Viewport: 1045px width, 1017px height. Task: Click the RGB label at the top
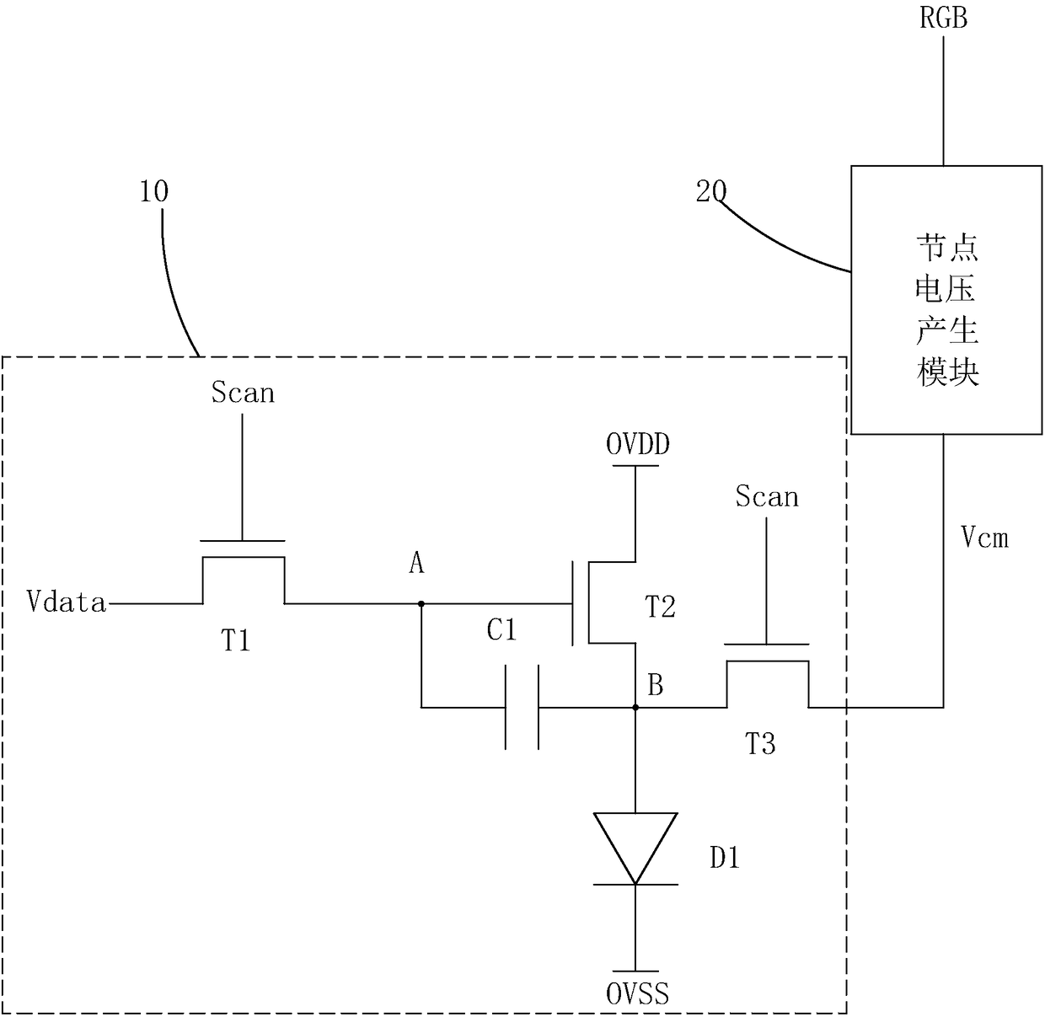943,18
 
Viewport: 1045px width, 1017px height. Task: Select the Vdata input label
66,602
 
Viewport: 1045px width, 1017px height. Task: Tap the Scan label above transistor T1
243,393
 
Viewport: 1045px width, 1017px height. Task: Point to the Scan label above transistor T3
767,496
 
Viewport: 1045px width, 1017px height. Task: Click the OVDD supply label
638,444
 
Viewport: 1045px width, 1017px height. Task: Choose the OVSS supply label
638,994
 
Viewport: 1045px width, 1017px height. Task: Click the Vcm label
985,537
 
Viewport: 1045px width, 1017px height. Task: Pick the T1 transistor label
236,640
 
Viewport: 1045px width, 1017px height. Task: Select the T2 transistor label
659,608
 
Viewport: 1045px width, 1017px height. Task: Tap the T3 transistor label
760,745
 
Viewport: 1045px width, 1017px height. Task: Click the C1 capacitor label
501,629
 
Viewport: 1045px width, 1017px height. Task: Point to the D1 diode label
725,858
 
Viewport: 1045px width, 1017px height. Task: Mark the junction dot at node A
421,603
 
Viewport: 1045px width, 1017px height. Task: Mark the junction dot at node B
635,707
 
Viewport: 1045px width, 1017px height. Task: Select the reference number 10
154,191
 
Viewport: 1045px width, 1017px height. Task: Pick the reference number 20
711,191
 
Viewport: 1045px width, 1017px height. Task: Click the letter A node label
416,564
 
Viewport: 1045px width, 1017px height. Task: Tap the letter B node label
655,685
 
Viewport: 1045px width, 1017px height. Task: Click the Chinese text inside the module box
947,310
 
